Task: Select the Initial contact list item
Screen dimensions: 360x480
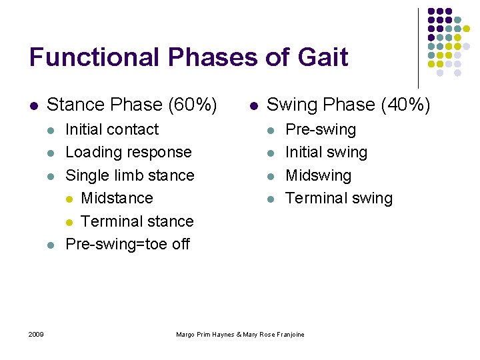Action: pos(112,129)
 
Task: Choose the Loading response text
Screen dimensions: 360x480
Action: pos(128,152)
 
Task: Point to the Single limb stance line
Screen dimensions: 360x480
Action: pos(129,175)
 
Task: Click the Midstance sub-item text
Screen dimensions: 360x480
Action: pos(117,198)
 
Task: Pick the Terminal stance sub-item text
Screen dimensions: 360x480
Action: pos(137,221)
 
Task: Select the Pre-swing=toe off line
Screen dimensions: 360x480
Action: pos(127,244)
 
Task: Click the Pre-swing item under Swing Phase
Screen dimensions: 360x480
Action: pos(321,129)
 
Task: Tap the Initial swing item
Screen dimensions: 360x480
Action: pos(326,152)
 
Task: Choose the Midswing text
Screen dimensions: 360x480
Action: pos(318,175)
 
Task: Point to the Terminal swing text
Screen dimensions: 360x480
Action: pos(339,198)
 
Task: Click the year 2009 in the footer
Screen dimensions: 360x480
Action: pos(36,334)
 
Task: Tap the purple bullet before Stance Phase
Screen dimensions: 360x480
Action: pos(33,105)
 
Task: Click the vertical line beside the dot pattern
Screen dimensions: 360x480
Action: pos(418,47)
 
